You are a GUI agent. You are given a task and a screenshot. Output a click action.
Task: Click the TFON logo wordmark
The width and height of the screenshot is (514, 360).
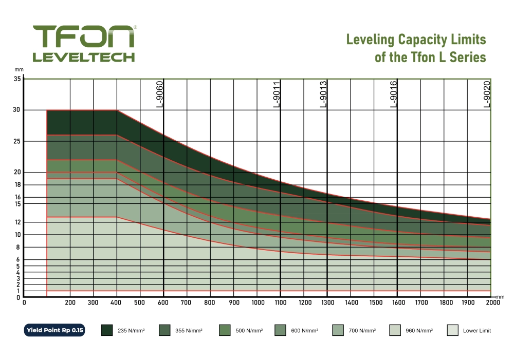83,36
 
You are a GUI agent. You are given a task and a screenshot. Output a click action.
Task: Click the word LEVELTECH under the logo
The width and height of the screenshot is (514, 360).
83,56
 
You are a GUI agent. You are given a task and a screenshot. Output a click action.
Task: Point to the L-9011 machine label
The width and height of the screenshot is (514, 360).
277,93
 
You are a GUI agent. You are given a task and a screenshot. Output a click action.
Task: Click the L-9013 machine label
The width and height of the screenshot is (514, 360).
323,93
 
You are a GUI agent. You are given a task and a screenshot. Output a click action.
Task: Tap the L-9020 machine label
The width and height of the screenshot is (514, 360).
487,93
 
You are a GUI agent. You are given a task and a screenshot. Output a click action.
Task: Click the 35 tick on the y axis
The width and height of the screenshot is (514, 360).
17,79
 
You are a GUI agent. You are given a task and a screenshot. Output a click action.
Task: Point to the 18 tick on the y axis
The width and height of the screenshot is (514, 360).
17,185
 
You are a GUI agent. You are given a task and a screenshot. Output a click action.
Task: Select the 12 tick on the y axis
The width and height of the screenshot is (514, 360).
17,222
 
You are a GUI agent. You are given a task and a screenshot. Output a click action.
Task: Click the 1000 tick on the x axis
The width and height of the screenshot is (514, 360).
258,302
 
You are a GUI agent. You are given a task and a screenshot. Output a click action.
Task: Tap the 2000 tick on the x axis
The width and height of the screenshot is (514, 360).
492,302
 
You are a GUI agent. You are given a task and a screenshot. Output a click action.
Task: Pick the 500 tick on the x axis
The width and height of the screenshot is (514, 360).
140,302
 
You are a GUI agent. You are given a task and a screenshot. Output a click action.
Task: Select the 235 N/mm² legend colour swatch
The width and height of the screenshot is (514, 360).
107,330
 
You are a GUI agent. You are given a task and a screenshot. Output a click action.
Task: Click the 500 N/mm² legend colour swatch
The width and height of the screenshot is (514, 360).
225,330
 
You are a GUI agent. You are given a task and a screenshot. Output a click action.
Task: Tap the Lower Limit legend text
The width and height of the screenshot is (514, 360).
476,331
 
